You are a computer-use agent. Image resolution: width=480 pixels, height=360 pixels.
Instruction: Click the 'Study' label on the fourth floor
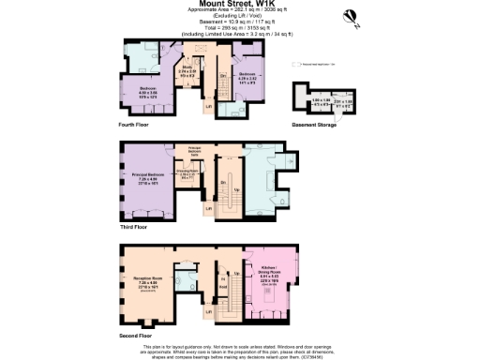click(188, 69)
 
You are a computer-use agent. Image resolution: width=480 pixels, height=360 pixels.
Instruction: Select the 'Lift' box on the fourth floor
click(208, 106)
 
